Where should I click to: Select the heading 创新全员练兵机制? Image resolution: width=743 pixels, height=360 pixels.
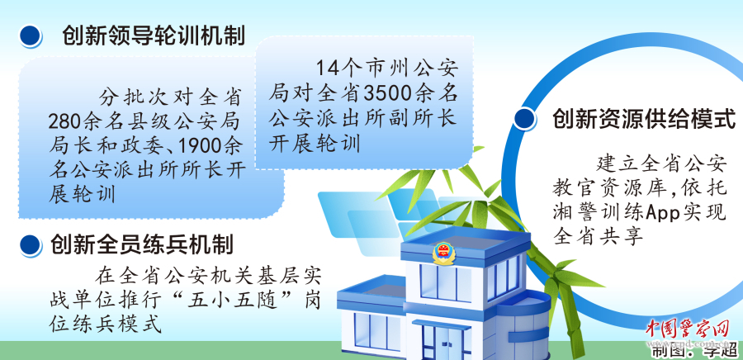(141, 245)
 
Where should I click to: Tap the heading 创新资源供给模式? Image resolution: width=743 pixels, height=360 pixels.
(644, 118)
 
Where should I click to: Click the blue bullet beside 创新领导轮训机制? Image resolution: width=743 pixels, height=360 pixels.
(31, 36)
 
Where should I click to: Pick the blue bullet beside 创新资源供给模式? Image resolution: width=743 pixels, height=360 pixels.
(525, 118)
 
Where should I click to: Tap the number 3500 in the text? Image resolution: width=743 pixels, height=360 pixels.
(384, 93)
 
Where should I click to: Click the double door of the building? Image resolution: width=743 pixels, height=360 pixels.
(442, 342)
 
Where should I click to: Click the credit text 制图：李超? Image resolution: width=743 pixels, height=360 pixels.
(693, 351)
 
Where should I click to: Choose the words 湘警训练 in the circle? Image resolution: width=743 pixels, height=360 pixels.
(598, 213)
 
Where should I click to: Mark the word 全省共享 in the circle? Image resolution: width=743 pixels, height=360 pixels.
(598, 235)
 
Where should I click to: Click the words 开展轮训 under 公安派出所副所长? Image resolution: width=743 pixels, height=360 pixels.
(315, 143)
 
